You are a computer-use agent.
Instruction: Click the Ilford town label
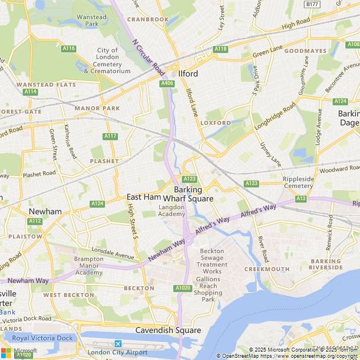pos(188,73)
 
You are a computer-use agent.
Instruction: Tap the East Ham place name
pos(143,196)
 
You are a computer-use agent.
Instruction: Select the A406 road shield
pos(167,83)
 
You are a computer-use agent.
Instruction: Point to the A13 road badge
pos(301,199)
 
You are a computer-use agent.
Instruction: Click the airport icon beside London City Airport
pos(118,344)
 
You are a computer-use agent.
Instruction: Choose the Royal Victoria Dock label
pos(43,338)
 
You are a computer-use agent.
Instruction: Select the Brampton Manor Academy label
pos(89,265)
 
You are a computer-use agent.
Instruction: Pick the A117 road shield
pos(110,136)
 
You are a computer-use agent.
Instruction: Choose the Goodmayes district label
pos(305,51)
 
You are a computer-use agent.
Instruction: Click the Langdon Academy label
pos(171,210)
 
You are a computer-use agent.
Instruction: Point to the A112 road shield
pos(35,221)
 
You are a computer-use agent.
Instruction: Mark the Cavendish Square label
pos(168,330)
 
